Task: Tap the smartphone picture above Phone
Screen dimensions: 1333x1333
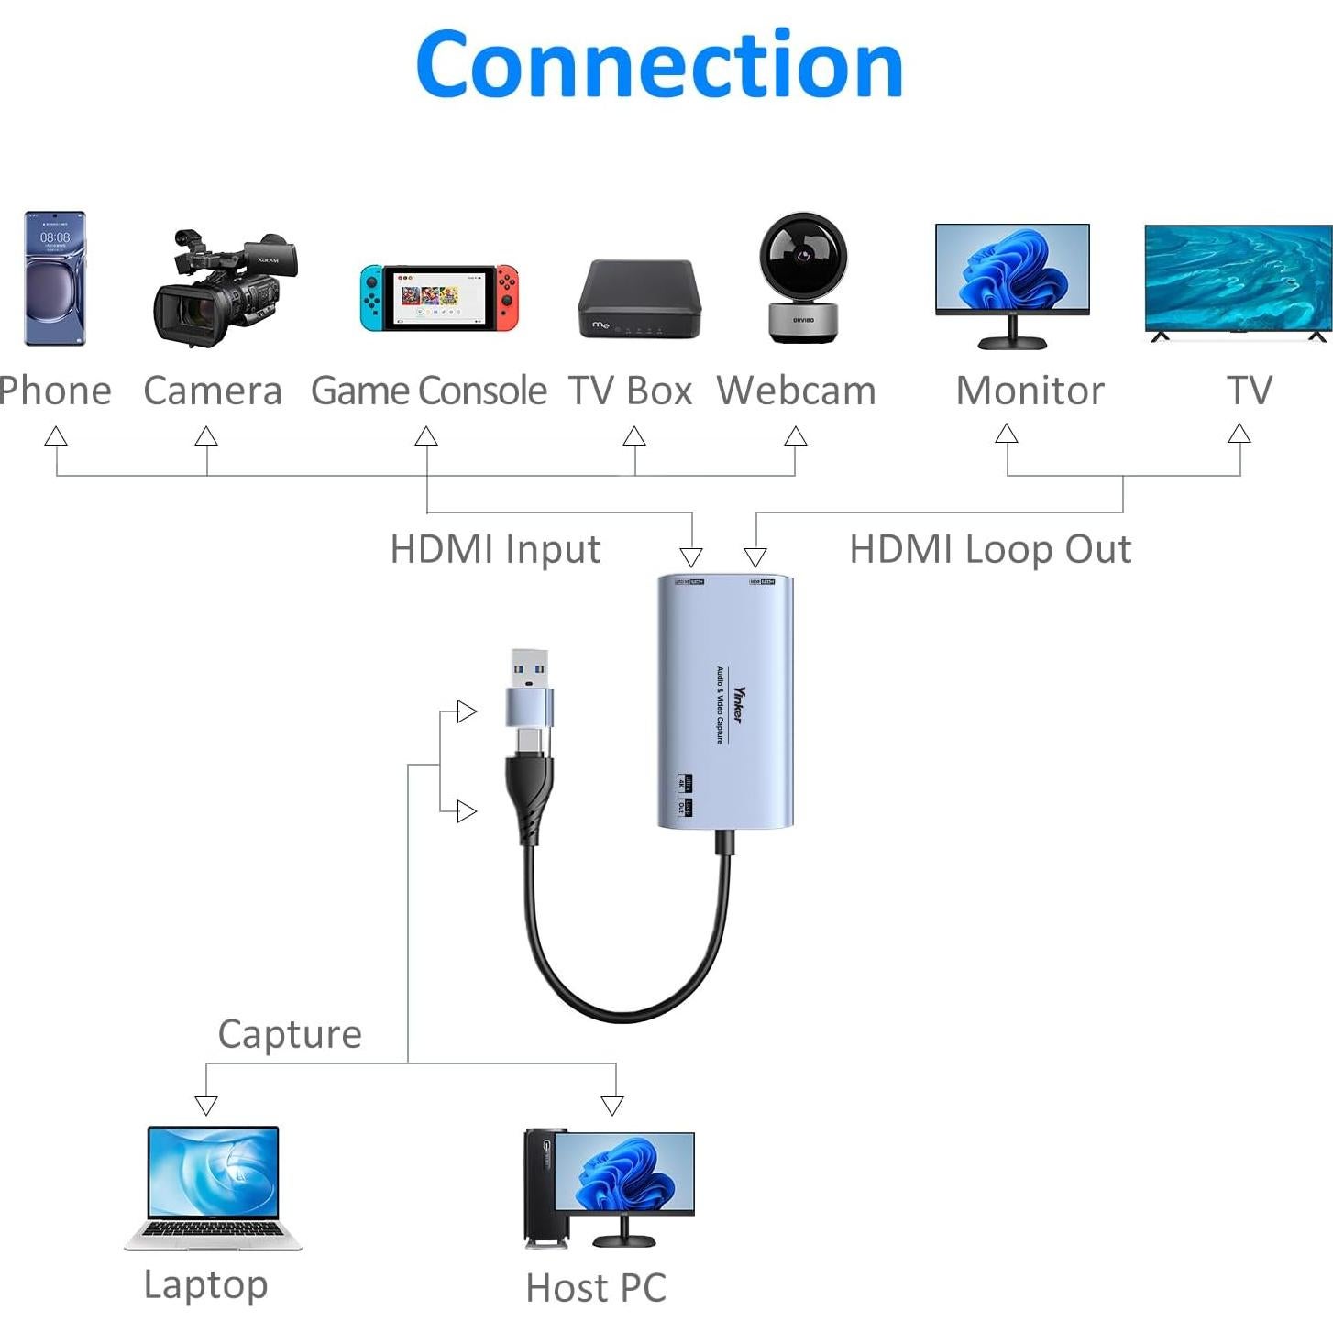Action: [x=55, y=278]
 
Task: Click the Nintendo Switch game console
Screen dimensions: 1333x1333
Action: [x=438, y=298]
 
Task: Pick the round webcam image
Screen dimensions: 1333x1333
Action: [x=803, y=278]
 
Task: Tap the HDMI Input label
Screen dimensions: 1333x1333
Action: [x=495, y=549]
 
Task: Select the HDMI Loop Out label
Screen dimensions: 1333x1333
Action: [x=990, y=549]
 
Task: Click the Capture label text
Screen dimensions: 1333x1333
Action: [x=290, y=1034]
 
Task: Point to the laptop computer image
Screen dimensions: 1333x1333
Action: [x=213, y=1188]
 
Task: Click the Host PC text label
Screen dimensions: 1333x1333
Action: [x=596, y=1287]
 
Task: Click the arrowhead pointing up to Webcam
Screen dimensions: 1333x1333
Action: [x=796, y=436]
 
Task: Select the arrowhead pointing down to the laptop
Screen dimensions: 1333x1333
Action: [x=206, y=1105]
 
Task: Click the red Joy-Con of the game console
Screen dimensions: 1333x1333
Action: [x=507, y=297]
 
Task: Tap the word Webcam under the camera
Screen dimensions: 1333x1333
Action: [x=796, y=391]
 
